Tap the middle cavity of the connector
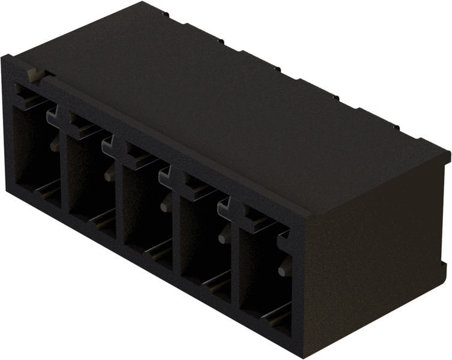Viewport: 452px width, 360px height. tap(140, 204)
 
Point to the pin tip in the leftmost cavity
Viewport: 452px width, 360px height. tap(55, 143)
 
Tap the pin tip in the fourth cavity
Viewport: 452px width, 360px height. tap(222, 238)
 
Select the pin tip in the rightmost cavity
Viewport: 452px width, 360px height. tap(282, 271)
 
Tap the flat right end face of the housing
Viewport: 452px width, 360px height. tap(378, 264)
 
